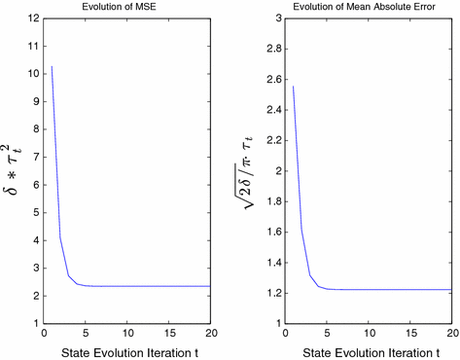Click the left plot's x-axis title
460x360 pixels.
pos(124,350)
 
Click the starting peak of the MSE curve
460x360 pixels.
pos(52,66)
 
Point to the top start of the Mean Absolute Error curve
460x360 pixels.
pos(293,87)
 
